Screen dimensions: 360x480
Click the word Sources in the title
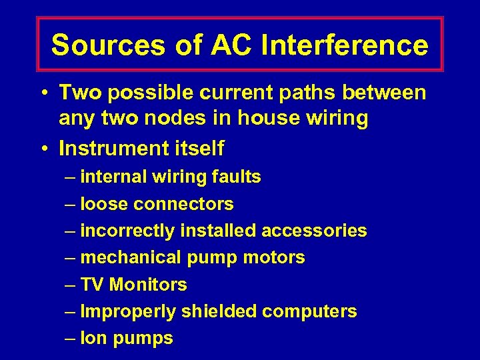[107, 45]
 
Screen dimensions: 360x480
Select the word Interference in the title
[345, 45]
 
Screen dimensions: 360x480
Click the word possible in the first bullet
[143, 93]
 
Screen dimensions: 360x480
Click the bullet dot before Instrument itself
[43, 148]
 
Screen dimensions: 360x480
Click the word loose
[104, 204]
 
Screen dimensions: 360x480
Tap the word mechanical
[131, 257]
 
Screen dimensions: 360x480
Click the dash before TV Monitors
[71, 285]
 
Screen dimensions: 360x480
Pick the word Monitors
[148, 285]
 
